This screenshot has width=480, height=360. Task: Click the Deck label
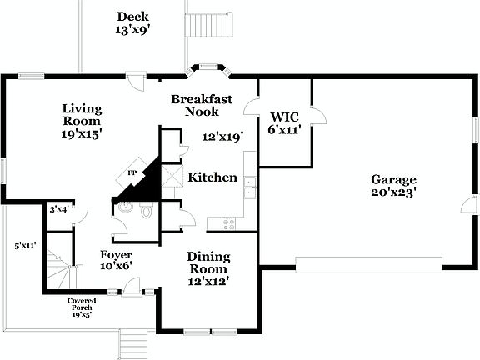pos(132,22)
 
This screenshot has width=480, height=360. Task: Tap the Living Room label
pos(82,121)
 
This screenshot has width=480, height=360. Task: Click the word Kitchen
pos(212,177)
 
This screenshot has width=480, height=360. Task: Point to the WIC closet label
pos(284,123)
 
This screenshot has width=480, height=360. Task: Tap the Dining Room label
pos(208,268)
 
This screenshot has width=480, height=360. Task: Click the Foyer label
pos(116,259)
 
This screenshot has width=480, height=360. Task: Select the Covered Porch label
pos(82,307)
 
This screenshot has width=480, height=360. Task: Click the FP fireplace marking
pos(132,173)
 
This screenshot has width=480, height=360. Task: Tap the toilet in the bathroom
pos(147,211)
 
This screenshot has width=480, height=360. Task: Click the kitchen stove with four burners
pos(227,222)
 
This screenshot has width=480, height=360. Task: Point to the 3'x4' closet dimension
pos(58,209)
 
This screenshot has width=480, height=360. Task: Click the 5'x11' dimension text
pos(25,246)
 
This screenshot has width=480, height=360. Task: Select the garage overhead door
pos(369,264)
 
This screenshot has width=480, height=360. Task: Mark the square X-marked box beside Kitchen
pos(172,177)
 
